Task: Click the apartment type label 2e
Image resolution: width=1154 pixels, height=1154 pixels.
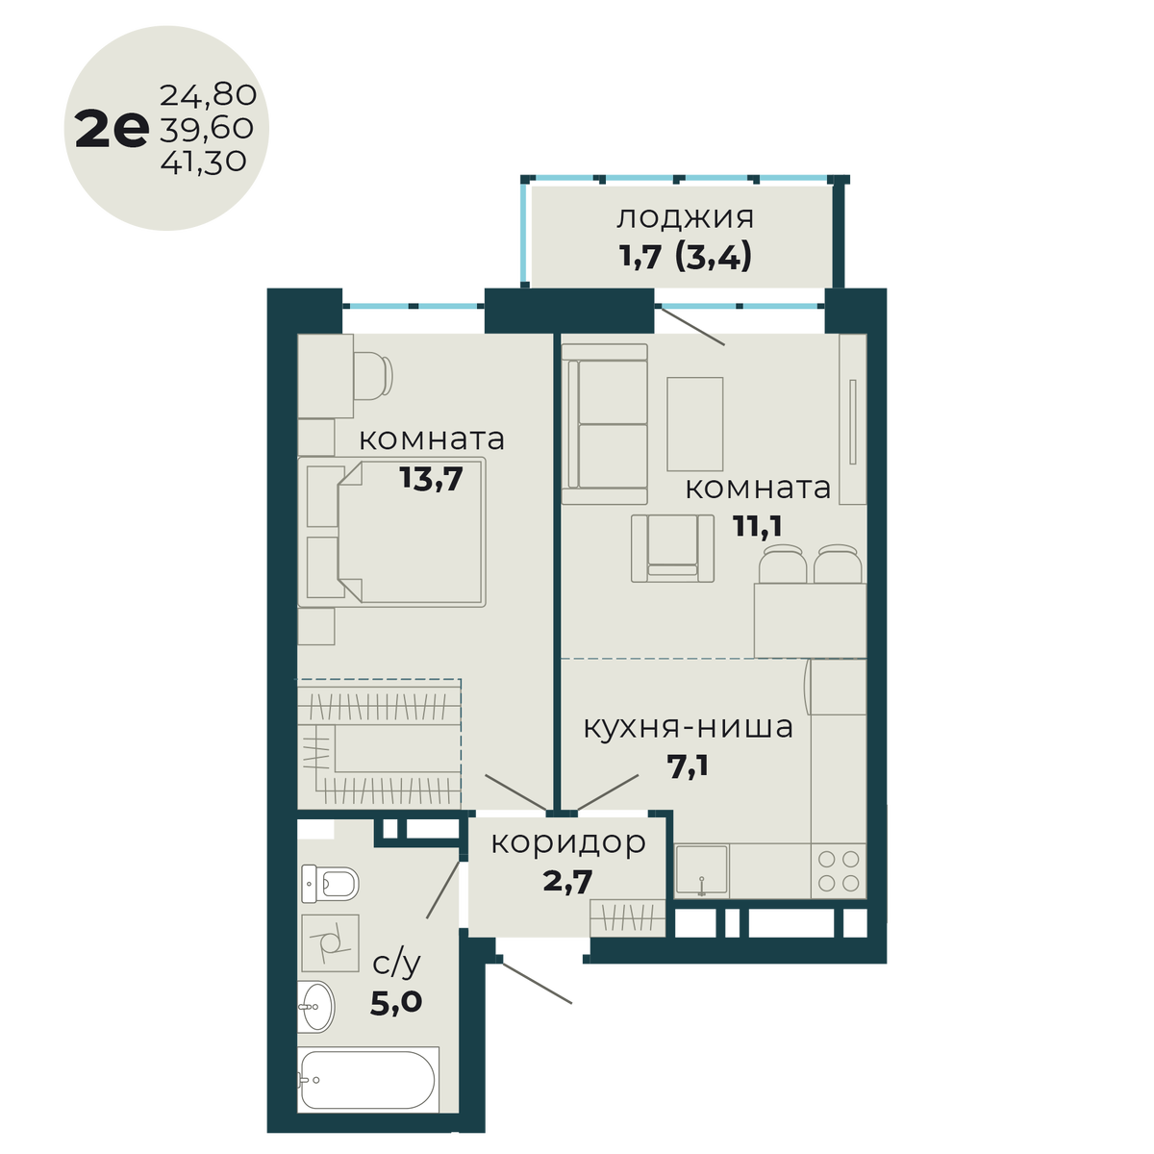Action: pyautogui.click(x=111, y=130)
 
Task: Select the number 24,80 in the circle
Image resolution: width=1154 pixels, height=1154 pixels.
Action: pyautogui.click(x=208, y=95)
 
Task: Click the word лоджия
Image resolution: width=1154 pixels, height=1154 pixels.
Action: pyautogui.click(x=685, y=217)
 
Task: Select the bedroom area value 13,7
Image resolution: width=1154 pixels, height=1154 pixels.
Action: pyautogui.click(x=432, y=478)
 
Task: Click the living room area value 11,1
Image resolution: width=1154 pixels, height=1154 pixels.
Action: pyautogui.click(x=759, y=526)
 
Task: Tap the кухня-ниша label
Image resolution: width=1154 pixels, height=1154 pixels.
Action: pyautogui.click(x=689, y=727)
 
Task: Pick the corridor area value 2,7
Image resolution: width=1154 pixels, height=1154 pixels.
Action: pyautogui.click(x=567, y=880)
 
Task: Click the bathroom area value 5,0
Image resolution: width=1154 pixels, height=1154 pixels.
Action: pyautogui.click(x=396, y=1003)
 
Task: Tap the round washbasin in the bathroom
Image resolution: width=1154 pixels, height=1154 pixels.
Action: pyautogui.click(x=314, y=1007)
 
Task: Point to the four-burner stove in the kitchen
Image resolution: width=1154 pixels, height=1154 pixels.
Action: pyautogui.click(x=838, y=871)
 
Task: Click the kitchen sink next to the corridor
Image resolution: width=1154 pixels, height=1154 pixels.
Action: pyautogui.click(x=701, y=871)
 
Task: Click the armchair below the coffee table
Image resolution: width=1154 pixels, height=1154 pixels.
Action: pyautogui.click(x=673, y=548)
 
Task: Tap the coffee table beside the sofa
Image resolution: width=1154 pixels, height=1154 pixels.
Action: pyautogui.click(x=694, y=423)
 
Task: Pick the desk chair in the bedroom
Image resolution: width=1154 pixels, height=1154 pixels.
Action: pyautogui.click(x=373, y=376)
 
